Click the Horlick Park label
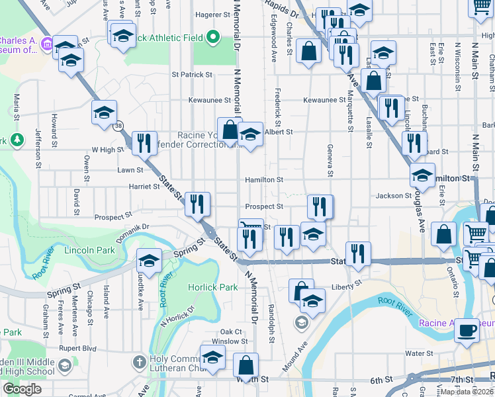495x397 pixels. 212,288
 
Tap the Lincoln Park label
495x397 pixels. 90,250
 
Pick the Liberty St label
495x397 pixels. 347,285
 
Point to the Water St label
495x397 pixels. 419,353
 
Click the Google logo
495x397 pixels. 22,389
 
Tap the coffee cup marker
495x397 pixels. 467,330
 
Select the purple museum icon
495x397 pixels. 47,44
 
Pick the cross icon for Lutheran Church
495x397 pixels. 138,362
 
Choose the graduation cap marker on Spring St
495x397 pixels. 149,261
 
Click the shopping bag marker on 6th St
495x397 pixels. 246,365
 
